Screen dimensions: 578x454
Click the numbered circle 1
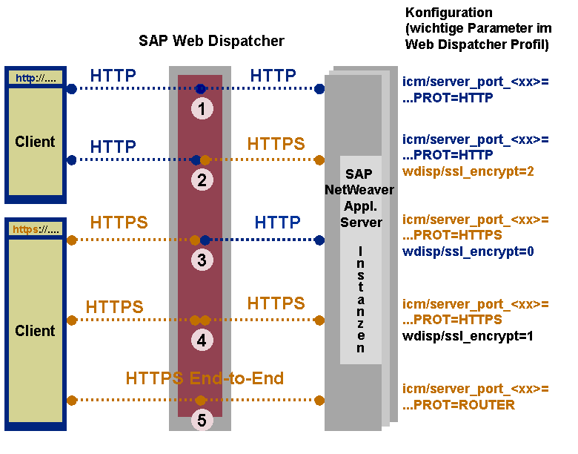pyautogui.click(x=202, y=109)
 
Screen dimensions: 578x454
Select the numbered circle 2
pyautogui.click(x=202, y=180)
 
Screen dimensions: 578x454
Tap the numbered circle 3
pyautogui.click(x=202, y=260)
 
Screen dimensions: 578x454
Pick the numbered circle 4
pyautogui.click(x=202, y=340)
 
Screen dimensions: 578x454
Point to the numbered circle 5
pyautogui.click(x=202, y=420)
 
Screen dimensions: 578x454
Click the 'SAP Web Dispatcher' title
pyautogui.click(x=211, y=41)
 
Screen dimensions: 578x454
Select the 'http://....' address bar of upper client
pyautogui.click(x=36, y=78)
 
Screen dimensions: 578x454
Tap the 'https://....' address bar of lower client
pyautogui.click(x=36, y=229)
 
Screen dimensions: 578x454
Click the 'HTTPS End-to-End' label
pyautogui.click(x=205, y=378)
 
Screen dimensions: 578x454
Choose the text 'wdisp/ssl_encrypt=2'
pyautogui.click(x=468, y=171)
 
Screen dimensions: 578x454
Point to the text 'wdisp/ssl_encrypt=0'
pyautogui.click(x=468, y=251)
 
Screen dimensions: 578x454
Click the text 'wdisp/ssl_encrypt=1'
pyautogui.click(x=468, y=336)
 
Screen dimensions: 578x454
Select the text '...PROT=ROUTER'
pyautogui.click(x=459, y=405)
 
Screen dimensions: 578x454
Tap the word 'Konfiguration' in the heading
pyautogui.click(x=448, y=13)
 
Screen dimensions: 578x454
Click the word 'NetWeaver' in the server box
pyautogui.click(x=359, y=190)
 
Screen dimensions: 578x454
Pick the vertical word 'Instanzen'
pyautogui.click(x=361, y=300)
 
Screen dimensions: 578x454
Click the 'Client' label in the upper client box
pyautogui.click(x=35, y=142)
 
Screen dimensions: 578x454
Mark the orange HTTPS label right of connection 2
pyautogui.click(x=276, y=144)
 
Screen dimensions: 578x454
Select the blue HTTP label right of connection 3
pyautogui.click(x=278, y=223)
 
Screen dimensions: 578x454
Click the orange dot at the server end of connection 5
pyautogui.click(x=319, y=400)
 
